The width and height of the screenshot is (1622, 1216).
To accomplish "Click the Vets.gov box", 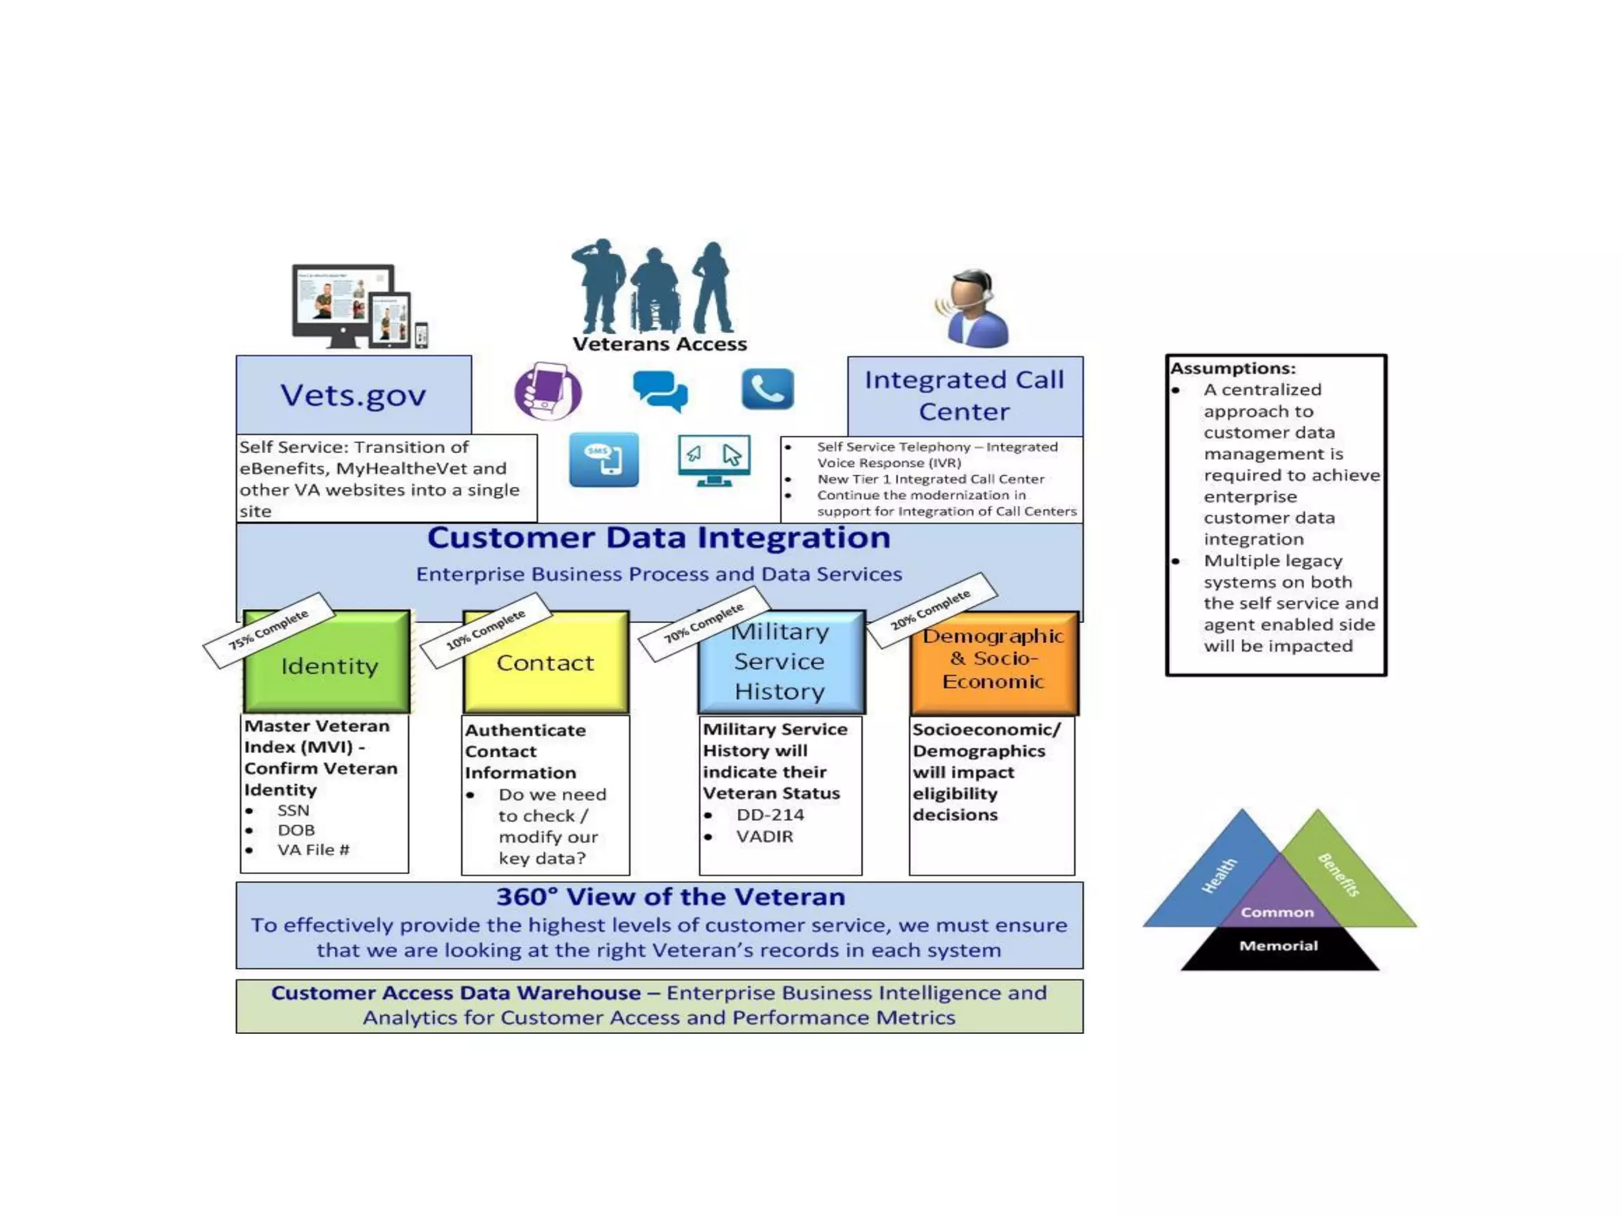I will [x=353, y=394].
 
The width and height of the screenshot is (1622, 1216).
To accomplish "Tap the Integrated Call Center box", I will [x=964, y=395].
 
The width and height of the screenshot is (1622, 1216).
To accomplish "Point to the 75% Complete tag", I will [x=268, y=630].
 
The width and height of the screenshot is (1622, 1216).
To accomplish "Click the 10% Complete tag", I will [x=485, y=630].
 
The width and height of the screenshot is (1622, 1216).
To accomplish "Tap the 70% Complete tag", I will [x=703, y=623].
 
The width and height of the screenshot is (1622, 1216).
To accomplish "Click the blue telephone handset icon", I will [x=767, y=389].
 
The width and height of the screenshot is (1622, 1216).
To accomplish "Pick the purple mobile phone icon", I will [x=548, y=391].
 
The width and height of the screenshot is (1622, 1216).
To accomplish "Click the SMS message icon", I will [x=603, y=459].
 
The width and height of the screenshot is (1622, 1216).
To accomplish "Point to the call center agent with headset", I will [x=975, y=309].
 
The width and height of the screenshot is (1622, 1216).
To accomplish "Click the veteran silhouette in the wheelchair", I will [x=654, y=291].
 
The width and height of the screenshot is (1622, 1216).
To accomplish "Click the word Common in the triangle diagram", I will [x=1277, y=913].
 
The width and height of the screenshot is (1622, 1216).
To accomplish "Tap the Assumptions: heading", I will [x=1232, y=369].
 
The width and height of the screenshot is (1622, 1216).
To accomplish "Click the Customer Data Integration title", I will [x=659, y=538].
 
